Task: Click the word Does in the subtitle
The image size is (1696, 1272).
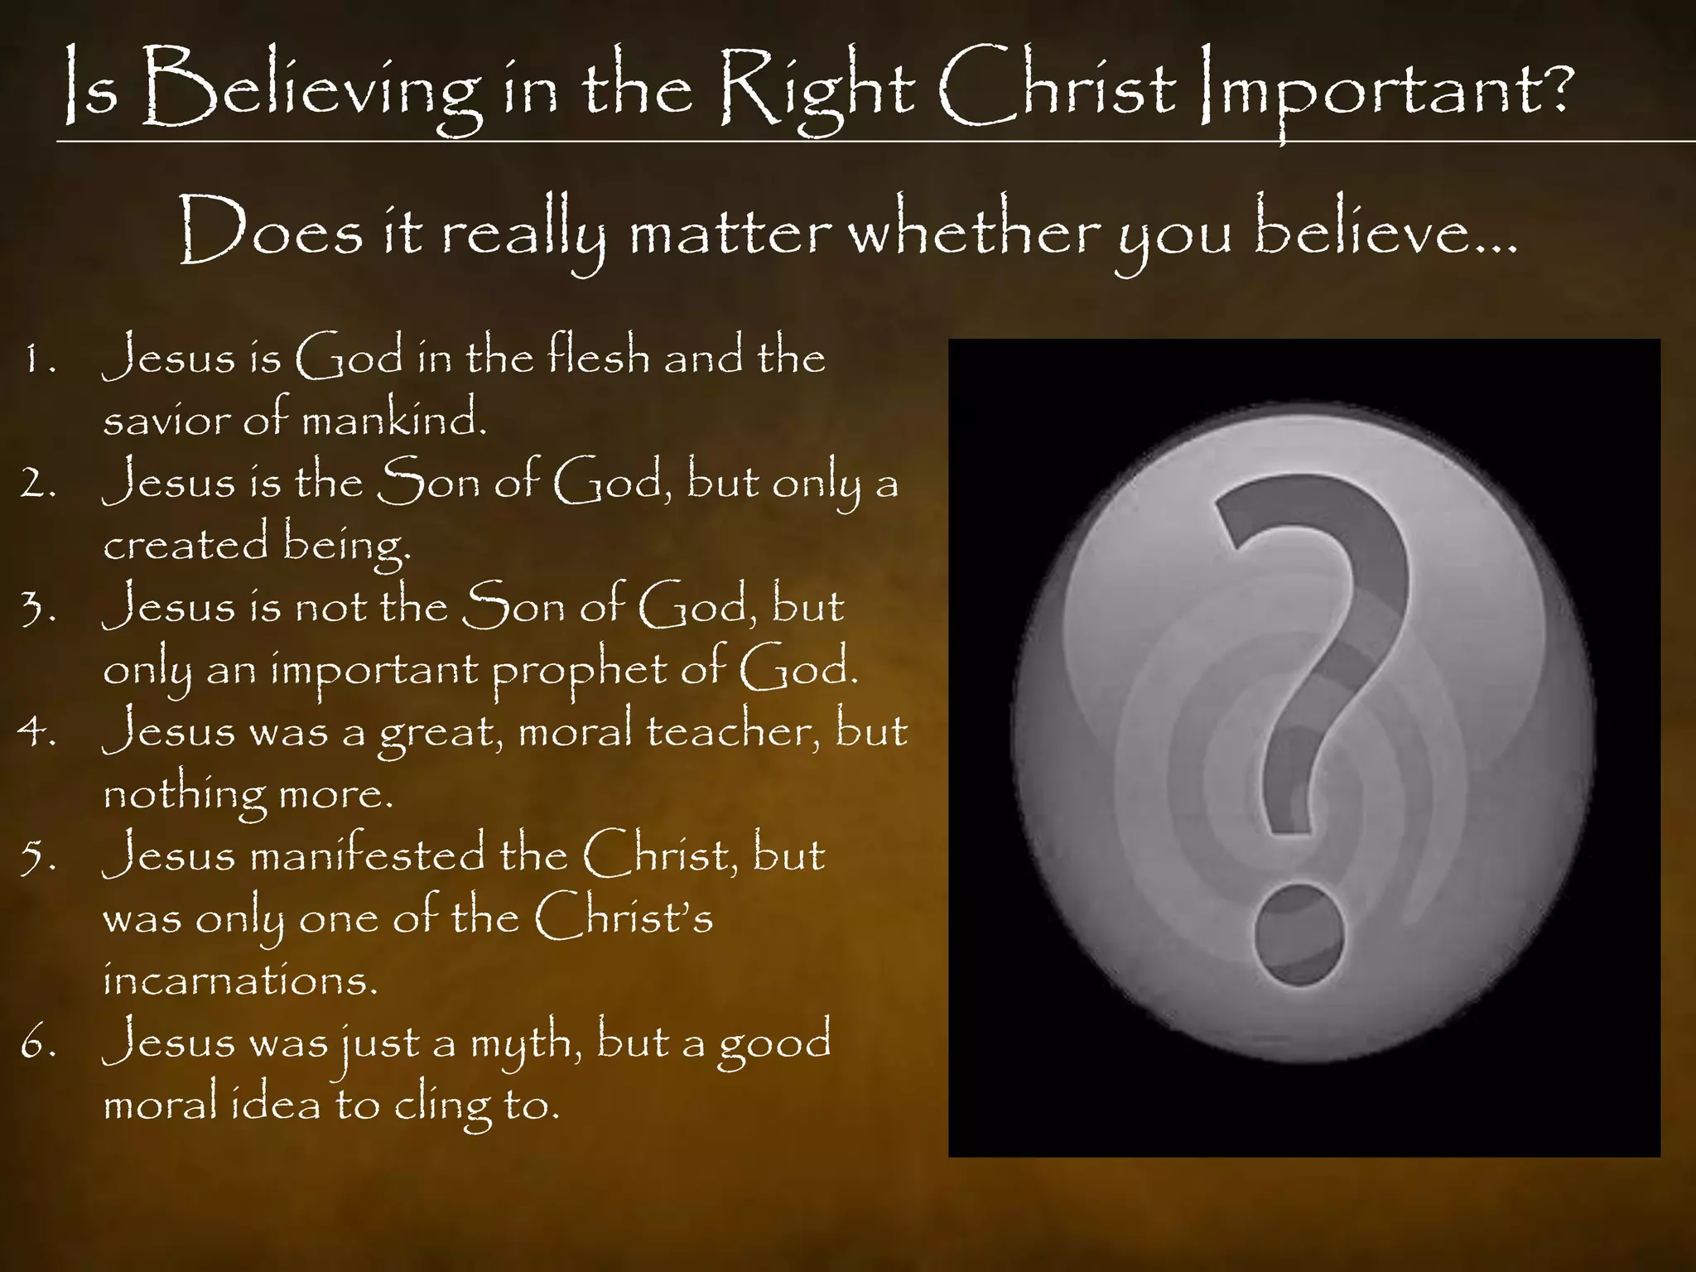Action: pos(271,232)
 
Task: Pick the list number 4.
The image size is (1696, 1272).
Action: pos(36,732)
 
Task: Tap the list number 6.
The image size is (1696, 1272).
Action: pos(36,1043)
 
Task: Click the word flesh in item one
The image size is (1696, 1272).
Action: pos(598,356)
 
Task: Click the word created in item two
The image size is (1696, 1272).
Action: pos(186,544)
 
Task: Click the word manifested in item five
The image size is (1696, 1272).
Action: pos(368,855)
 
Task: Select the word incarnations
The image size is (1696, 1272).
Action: pos(239,980)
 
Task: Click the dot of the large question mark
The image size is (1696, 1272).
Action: pos(1298,936)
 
